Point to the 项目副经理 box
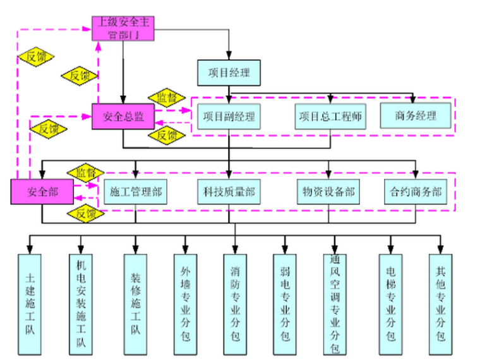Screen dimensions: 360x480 tap(228, 117)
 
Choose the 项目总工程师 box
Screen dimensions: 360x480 tap(330, 117)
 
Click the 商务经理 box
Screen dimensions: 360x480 tap(416, 116)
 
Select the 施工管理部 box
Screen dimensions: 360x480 tap(135, 192)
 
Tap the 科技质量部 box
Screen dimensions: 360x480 tap(229, 192)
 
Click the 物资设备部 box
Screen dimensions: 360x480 tap(328, 192)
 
